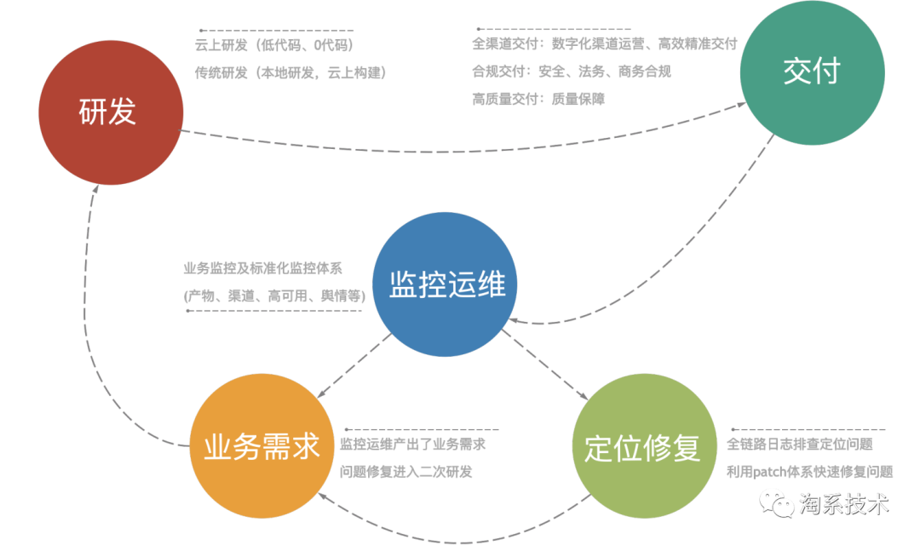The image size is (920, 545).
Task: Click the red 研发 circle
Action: (x=111, y=112)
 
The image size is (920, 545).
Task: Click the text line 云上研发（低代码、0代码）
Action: (x=273, y=45)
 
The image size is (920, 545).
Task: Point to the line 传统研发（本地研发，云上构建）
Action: (x=290, y=72)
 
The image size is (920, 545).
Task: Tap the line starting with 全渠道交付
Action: (x=604, y=43)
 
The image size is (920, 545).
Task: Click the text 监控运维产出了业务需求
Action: (x=413, y=444)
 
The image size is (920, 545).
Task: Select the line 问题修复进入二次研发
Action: (x=406, y=471)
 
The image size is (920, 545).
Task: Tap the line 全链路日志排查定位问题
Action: (x=799, y=444)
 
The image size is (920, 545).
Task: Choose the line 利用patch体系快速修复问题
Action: (x=809, y=471)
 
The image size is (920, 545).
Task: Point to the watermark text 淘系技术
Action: (x=843, y=503)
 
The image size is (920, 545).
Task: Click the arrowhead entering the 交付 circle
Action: (x=742, y=105)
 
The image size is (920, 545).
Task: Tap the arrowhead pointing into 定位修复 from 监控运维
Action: (x=585, y=395)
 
